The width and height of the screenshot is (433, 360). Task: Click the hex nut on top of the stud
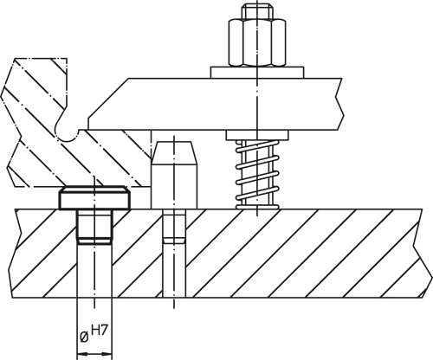(256, 42)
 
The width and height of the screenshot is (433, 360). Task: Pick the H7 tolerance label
(102, 330)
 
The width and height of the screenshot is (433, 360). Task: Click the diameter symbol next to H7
(84, 337)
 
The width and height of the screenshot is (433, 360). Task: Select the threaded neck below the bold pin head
(95, 226)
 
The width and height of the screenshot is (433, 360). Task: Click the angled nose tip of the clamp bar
(94, 120)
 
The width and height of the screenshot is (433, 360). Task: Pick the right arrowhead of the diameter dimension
(109, 352)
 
